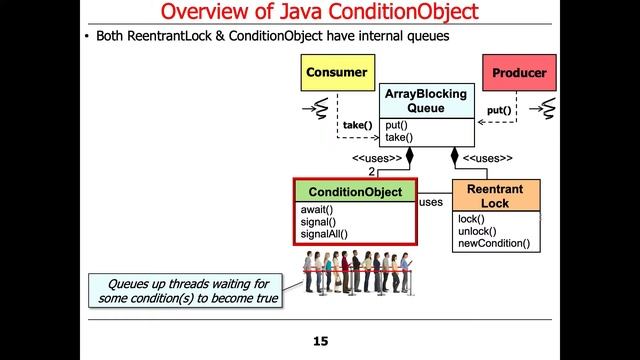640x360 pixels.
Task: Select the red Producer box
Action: (518, 73)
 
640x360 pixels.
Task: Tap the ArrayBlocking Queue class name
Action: (427, 101)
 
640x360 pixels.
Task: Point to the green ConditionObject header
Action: (355, 191)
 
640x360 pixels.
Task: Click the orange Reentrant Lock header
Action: (496, 196)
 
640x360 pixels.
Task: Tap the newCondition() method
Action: (493, 243)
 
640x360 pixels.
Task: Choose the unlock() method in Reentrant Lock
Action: (477, 231)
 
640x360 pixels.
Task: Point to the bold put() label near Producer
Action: (498, 110)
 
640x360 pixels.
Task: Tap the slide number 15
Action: (320, 342)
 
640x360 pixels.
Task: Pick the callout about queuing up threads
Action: (182, 289)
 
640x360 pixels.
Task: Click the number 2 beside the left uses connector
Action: (372, 172)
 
